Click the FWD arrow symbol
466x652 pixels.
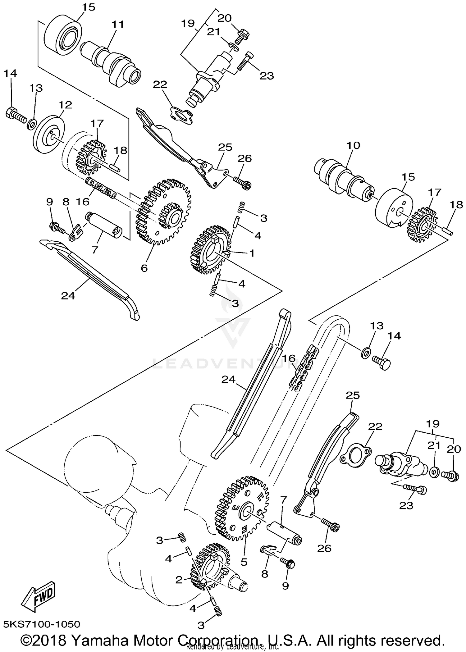pos(39,594)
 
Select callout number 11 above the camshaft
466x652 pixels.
pos(118,24)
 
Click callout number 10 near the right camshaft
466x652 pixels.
pos(353,145)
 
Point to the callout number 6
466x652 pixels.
pos(144,268)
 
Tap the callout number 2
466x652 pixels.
pos(178,580)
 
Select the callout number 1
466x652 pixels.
pos(252,253)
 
